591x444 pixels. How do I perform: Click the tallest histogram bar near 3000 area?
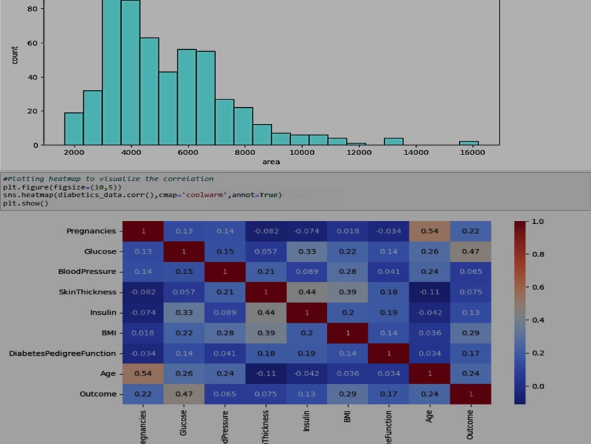(x=111, y=71)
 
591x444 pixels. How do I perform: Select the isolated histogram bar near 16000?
(x=469, y=143)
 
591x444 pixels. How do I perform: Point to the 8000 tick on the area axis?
(x=243, y=152)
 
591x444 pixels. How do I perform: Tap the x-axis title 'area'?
(x=271, y=162)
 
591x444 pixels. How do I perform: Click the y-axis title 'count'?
(x=15, y=55)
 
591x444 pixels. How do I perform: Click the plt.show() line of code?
(x=25, y=203)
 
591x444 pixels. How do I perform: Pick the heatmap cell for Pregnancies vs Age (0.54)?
(x=429, y=231)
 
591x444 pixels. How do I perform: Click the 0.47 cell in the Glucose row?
(x=470, y=252)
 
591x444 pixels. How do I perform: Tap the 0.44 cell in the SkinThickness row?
(x=307, y=292)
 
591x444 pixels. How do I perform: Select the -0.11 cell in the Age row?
(x=266, y=374)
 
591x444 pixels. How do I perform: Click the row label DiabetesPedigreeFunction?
(x=63, y=353)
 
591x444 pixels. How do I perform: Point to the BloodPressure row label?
(x=87, y=272)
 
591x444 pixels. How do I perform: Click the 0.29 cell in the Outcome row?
(x=348, y=394)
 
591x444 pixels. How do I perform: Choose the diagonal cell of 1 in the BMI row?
(x=348, y=333)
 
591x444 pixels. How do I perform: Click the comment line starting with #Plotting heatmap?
(x=108, y=179)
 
